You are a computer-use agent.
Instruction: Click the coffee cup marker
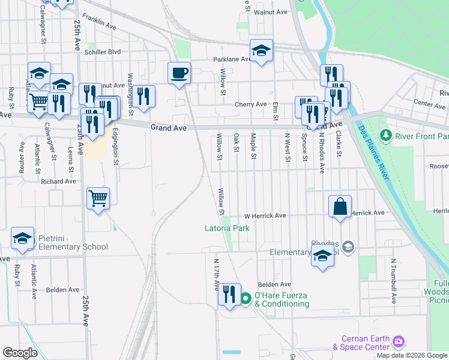point(179,74)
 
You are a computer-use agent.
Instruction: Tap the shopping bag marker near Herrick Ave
point(340,207)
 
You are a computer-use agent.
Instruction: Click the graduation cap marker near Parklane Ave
point(261,52)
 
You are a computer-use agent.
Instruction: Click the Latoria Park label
point(226,228)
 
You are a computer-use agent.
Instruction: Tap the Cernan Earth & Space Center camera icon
point(398,342)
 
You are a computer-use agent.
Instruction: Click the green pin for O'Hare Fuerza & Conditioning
point(246,298)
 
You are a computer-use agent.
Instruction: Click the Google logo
point(20,353)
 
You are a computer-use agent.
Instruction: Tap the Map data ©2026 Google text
point(412,355)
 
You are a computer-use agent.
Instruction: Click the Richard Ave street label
point(59,181)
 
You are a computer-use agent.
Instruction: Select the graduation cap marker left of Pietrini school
point(23,240)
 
